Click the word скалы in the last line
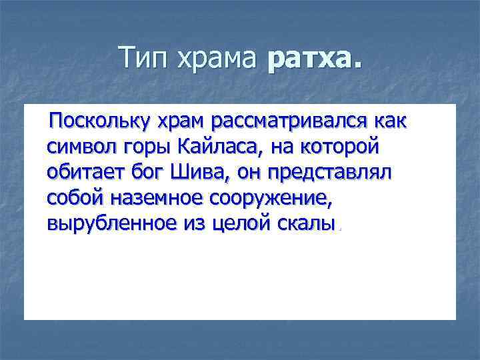point(307,223)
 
